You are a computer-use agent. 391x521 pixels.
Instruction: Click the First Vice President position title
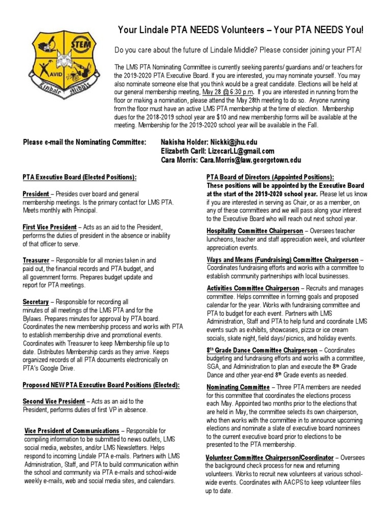[x=49, y=227]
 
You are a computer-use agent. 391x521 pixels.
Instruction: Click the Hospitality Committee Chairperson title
[x=254, y=230]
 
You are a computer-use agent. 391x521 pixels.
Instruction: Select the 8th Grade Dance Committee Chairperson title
[x=261, y=350]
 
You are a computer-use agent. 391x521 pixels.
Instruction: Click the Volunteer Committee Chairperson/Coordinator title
[x=269, y=457]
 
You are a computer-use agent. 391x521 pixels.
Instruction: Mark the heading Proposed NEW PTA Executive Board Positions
[x=101, y=385]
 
